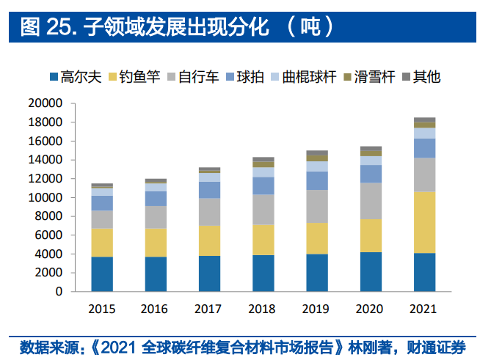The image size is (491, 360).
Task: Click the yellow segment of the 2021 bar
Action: (424, 222)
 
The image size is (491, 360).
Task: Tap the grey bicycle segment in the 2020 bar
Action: (371, 201)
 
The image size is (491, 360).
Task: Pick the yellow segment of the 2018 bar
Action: (263, 240)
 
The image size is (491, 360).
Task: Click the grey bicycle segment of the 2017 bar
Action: (209, 212)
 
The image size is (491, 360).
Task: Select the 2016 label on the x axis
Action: (156, 308)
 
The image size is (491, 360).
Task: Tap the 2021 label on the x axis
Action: (424, 308)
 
